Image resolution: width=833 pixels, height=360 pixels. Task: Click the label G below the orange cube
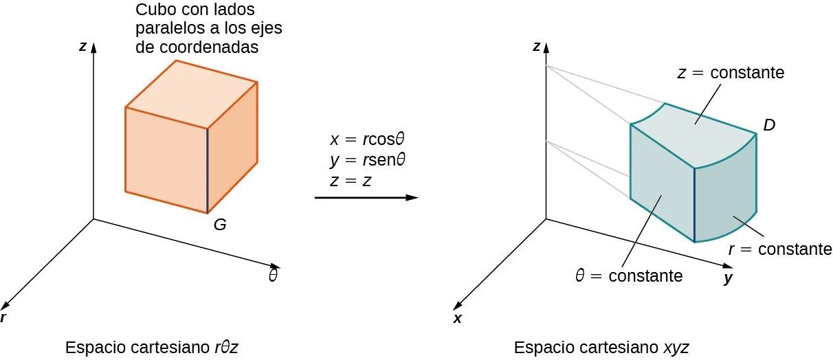pyautogui.click(x=220, y=224)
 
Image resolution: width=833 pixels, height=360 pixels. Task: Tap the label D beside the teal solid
pyautogui.click(x=770, y=124)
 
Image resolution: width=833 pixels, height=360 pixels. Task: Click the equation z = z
pyautogui.click(x=351, y=182)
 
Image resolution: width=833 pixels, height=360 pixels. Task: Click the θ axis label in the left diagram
pyautogui.click(x=273, y=276)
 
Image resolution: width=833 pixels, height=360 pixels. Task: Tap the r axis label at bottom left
pyautogui.click(x=4, y=317)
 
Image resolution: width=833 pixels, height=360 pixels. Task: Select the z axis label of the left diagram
pyautogui.click(x=82, y=47)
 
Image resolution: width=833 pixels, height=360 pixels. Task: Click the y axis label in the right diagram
pyautogui.click(x=729, y=279)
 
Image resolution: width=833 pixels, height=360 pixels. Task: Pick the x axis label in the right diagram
pyautogui.click(x=457, y=319)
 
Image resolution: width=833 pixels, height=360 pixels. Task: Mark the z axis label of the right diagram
pyautogui.click(x=536, y=47)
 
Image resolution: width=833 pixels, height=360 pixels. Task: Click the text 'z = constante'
pyautogui.click(x=731, y=72)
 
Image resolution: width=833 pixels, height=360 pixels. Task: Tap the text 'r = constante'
pyautogui.click(x=780, y=249)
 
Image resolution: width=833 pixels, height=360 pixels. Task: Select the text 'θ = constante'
pyautogui.click(x=629, y=276)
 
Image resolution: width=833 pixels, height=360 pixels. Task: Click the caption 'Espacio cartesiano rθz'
pyautogui.click(x=151, y=348)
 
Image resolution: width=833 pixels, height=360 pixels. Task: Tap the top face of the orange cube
pyautogui.click(x=191, y=94)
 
